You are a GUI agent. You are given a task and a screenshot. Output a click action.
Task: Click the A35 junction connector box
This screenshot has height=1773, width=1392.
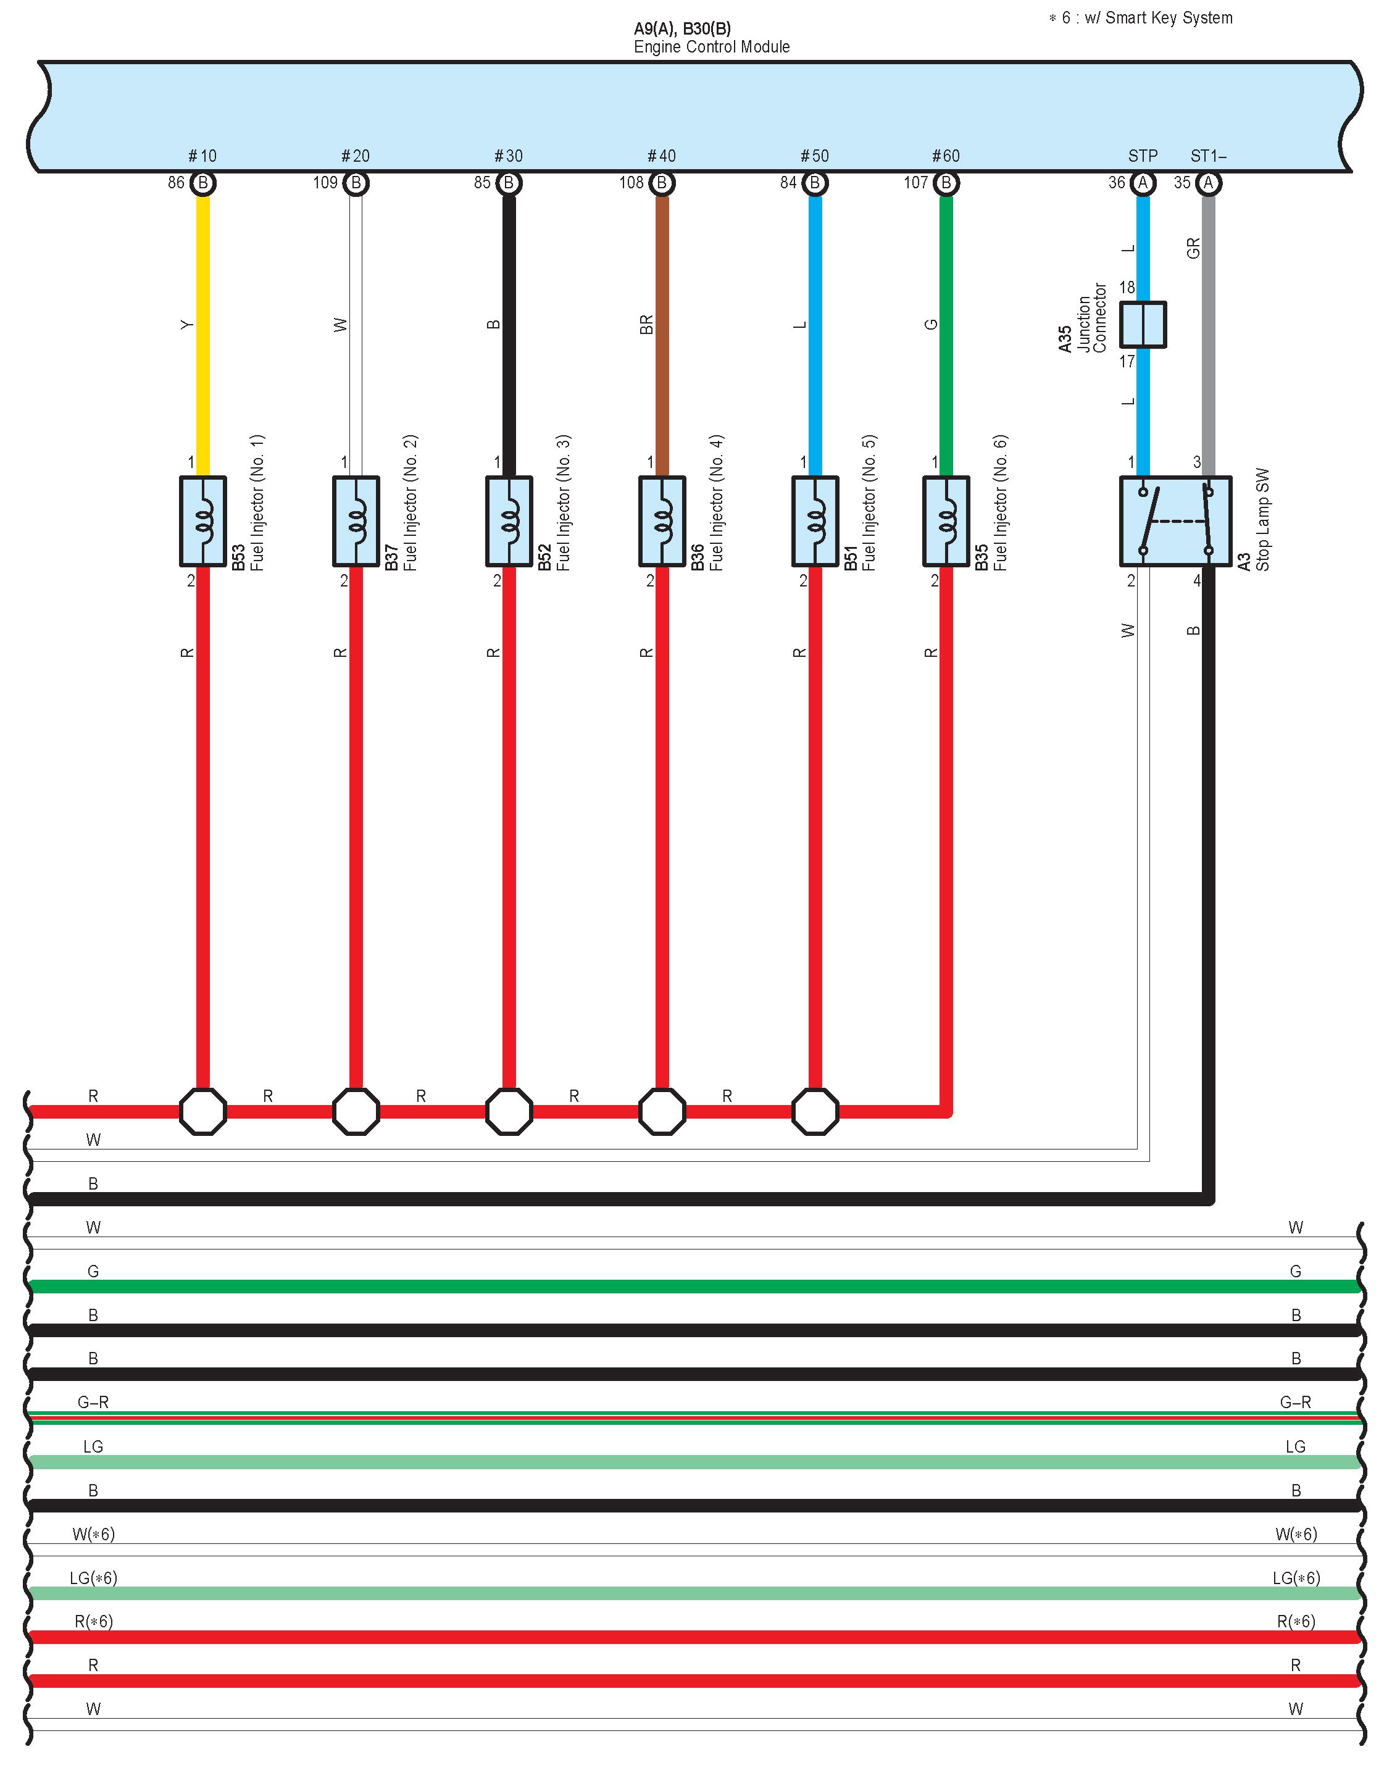point(1143,325)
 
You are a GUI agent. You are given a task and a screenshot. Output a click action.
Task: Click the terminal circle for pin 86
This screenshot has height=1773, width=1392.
point(203,183)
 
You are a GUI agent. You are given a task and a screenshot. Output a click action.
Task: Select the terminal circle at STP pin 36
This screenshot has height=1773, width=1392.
point(1143,183)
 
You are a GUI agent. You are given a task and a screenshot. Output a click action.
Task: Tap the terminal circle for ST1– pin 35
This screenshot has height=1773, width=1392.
point(1209,183)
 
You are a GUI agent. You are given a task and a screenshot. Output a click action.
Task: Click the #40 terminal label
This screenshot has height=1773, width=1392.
point(661,156)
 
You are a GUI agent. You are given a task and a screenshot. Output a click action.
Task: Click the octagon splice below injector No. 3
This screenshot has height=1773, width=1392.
point(509,1111)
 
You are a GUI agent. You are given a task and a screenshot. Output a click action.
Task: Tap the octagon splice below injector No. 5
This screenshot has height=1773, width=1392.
point(815,1111)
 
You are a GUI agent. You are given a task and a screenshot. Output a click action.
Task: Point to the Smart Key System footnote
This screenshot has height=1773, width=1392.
point(1141,18)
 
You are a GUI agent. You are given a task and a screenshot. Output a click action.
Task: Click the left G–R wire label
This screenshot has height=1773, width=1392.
point(93,1402)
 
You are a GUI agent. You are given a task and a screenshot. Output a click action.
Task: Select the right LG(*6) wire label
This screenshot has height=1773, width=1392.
point(1296,1577)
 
